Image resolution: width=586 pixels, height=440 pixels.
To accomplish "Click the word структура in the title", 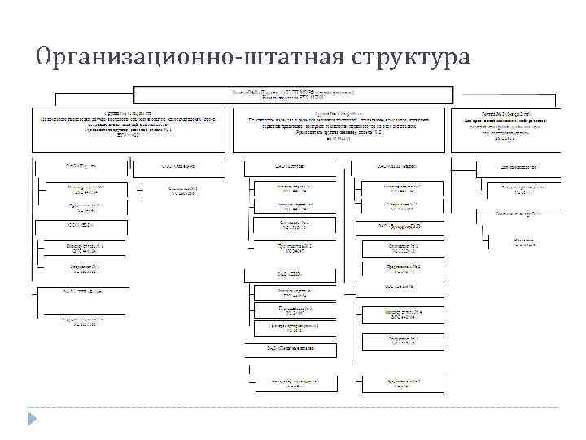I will pos(412,59).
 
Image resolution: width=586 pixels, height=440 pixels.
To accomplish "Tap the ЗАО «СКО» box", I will pos(289,275).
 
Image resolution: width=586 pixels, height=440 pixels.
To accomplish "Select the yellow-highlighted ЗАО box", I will pos(400,225).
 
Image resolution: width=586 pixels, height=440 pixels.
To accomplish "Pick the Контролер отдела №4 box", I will pos(402,313).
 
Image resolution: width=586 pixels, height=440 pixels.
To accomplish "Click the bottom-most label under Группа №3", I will pos(512,242).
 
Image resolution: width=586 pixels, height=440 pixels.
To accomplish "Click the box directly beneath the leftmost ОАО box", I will pos(85,189).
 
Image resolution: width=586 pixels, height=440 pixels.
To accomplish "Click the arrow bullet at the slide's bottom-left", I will pos(33,418).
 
